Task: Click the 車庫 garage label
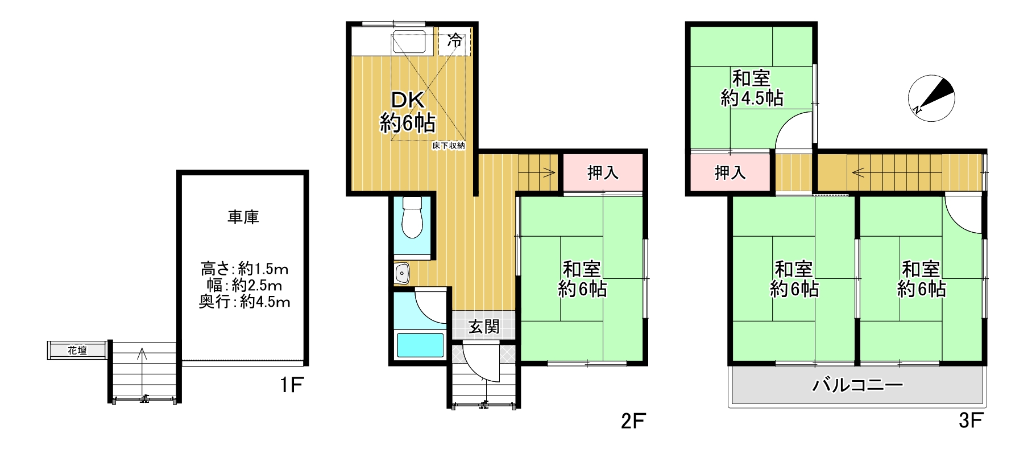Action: point(243,217)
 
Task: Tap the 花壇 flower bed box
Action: point(77,351)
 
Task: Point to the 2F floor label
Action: point(633,422)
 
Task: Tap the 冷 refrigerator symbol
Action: point(455,41)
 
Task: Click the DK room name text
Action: point(408,101)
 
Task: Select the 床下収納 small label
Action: point(449,146)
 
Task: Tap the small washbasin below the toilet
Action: point(403,274)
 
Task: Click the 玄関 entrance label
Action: point(484,326)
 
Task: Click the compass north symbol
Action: point(931,97)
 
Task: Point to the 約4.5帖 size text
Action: point(752,98)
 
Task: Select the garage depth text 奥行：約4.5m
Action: point(245,302)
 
